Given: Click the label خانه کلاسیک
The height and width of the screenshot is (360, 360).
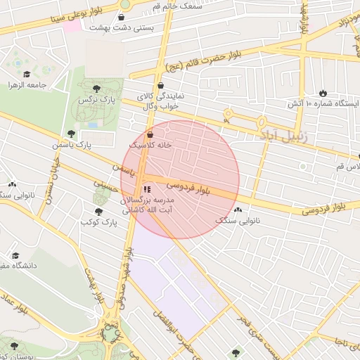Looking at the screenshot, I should (150, 144).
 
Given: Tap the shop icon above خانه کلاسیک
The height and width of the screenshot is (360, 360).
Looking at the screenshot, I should (150, 134).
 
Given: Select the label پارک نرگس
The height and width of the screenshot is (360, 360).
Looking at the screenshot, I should (96, 100).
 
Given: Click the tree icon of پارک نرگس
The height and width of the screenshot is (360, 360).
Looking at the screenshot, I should (96, 88).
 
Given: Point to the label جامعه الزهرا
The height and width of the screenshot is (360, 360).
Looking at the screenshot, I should (27, 85).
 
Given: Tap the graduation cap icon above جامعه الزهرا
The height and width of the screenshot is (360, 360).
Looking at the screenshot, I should (27, 74).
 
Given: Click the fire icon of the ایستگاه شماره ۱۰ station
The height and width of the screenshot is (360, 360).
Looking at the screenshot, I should (323, 93).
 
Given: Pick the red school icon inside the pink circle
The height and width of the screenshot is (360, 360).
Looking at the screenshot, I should (146, 189).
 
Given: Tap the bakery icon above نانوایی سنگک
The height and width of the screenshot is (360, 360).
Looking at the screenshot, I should (238, 210).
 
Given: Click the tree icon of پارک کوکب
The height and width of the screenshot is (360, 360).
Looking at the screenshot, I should (98, 210).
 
